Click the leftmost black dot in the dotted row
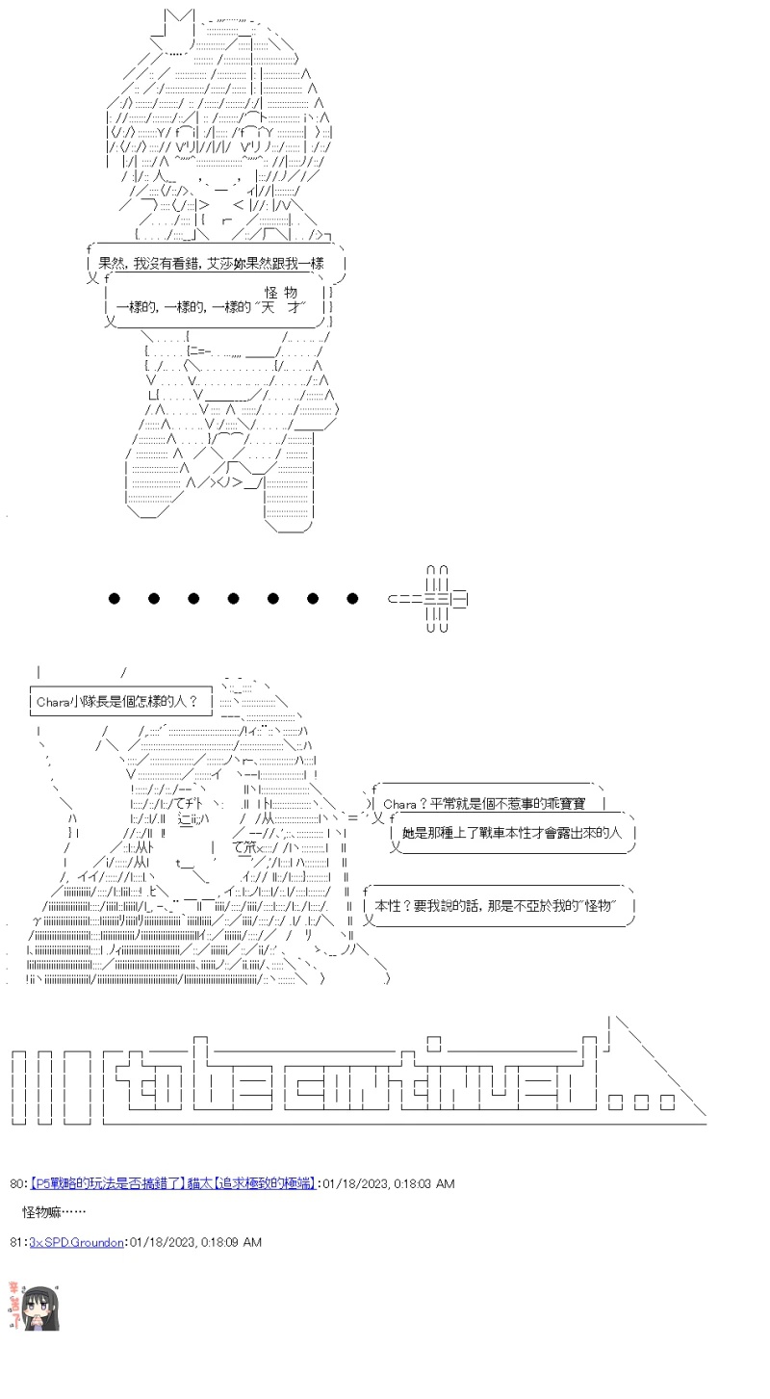pos(115,599)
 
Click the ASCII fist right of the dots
pos(433,599)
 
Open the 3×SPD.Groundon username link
pos(77,1242)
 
